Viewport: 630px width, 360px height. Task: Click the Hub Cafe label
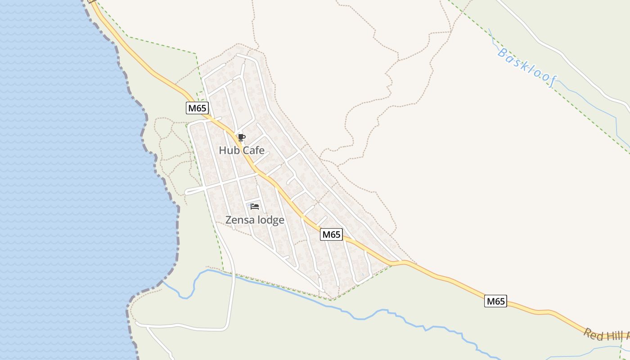click(242, 150)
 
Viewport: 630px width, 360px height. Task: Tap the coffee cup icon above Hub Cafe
click(242, 137)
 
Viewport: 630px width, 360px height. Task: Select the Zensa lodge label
click(255, 220)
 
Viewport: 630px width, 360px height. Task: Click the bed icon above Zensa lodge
click(255, 207)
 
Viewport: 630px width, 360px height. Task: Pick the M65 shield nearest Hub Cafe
click(197, 108)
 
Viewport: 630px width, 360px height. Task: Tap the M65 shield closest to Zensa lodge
click(331, 234)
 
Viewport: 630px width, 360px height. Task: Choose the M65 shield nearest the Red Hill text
click(495, 301)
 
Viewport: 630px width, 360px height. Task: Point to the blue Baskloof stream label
click(527, 67)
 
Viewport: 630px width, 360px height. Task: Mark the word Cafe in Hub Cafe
click(253, 150)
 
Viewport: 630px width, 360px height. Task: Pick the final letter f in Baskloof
click(553, 82)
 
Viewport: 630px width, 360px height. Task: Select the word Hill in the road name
click(616, 336)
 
